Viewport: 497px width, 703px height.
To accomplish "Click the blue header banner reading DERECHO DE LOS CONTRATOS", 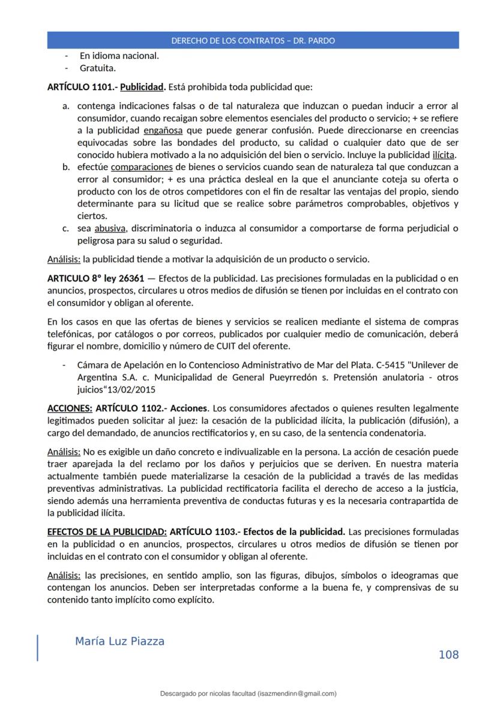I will point(253,41).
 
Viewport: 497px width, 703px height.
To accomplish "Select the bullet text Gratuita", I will point(97,68).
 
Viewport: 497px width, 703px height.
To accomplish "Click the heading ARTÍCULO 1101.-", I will point(82,87).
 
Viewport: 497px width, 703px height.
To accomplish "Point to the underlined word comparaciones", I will point(142,167).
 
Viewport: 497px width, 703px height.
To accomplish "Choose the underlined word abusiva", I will point(110,229).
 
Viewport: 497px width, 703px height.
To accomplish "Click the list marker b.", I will point(66,167).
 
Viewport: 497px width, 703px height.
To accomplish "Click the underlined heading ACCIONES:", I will point(70,408).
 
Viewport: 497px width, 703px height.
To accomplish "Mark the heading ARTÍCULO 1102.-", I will point(127,408).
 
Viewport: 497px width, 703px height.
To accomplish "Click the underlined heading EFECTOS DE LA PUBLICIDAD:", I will point(107,532).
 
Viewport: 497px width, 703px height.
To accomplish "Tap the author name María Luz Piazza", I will point(119,641).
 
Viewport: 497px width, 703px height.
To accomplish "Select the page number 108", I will point(448,654).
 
